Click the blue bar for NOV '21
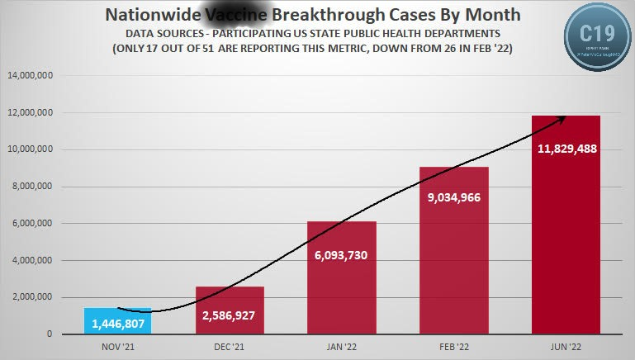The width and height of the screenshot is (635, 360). [117, 321]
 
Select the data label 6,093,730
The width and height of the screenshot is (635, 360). [341, 255]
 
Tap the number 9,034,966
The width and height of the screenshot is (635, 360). [453, 197]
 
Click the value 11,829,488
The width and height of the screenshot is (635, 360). [566, 149]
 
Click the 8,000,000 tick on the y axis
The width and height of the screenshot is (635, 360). [32, 187]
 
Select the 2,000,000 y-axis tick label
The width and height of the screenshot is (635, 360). [32, 297]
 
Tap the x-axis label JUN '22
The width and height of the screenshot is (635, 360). [566, 346]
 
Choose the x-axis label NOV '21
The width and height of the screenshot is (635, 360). [117, 346]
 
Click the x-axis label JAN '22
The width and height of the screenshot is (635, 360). [341, 346]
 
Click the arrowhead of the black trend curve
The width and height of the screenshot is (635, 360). [563, 118]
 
